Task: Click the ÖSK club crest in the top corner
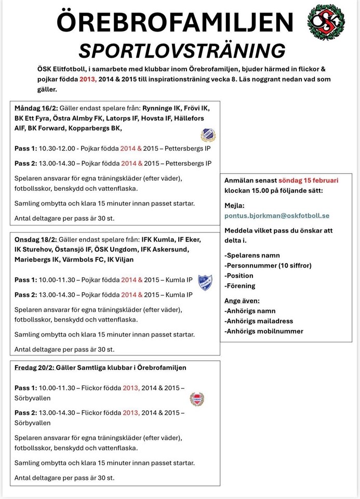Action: (x=326, y=22)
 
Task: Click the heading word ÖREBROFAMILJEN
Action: (x=175, y=22)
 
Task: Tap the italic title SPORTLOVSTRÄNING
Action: (x=181, y=50)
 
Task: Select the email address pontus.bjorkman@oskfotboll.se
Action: (x=277, y=215)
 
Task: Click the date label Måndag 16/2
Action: (x=35, y=108)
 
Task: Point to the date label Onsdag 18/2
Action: (x=36, y=240)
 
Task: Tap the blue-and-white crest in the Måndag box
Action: (x=208, y=135)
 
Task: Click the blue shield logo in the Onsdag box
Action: (x=206, y=282)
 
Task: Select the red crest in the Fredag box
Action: (x=197, y=399)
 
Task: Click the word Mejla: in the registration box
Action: (x=234, y=205)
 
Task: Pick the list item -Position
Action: (x=239, y=275)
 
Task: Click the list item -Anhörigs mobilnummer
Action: (x=264, y=331)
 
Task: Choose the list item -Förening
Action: (x=241, y=286)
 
